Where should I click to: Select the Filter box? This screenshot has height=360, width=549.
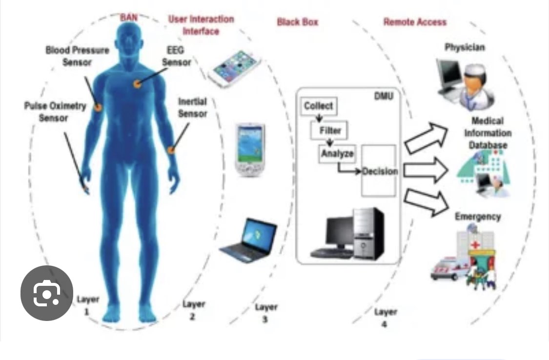click(x=330, y=130)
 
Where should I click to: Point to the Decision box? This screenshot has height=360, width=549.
click(x=379, y=171)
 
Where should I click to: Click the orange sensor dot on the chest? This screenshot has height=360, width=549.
click(x=138, y=84)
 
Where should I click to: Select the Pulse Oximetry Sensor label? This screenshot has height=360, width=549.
click(x=55, y=111)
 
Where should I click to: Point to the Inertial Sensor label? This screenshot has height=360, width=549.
click(x=192, y=107)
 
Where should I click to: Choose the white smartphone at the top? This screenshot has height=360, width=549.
click(x=233, y=69)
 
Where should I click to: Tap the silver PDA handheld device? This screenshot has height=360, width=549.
click(x=250, y=149)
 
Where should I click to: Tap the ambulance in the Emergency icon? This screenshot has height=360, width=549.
click(x=445, y=270)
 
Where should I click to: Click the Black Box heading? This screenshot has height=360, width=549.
click(x=297, y=22)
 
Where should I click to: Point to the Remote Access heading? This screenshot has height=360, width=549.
click(x=415, y=22)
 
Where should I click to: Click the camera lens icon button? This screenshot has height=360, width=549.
click(x=47, y=293)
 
